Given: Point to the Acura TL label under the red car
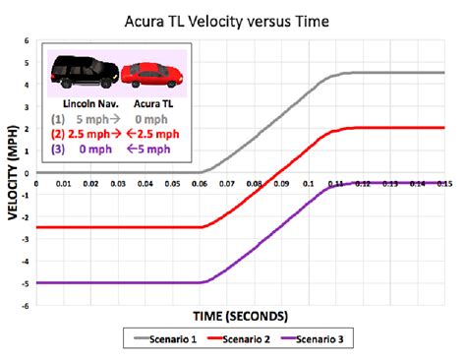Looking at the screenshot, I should coord(152,101).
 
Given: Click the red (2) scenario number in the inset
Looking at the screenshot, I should coord(59,134).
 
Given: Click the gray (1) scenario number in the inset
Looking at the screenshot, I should coord(59,117).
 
